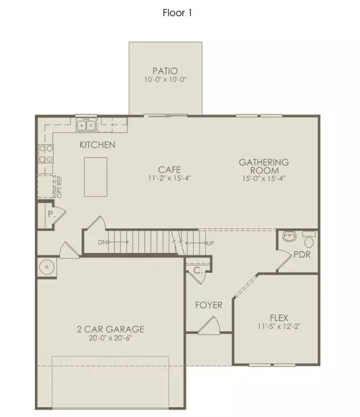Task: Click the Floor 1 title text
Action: point(178,12)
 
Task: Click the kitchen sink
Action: point(86,125)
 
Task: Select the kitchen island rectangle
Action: point(95,176)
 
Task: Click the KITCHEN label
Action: point(98,145)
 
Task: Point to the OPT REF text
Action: point(59,187)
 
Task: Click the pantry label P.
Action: point(52,213)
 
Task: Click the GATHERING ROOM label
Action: point(264,166)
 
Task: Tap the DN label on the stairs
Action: point(103,242)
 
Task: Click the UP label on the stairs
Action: point(209,243)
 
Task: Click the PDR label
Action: point(302,255)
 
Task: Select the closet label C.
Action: point(197,271)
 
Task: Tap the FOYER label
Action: point(209,305)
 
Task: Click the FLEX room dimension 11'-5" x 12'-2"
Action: point(275,328)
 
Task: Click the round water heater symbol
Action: point(46,266)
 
